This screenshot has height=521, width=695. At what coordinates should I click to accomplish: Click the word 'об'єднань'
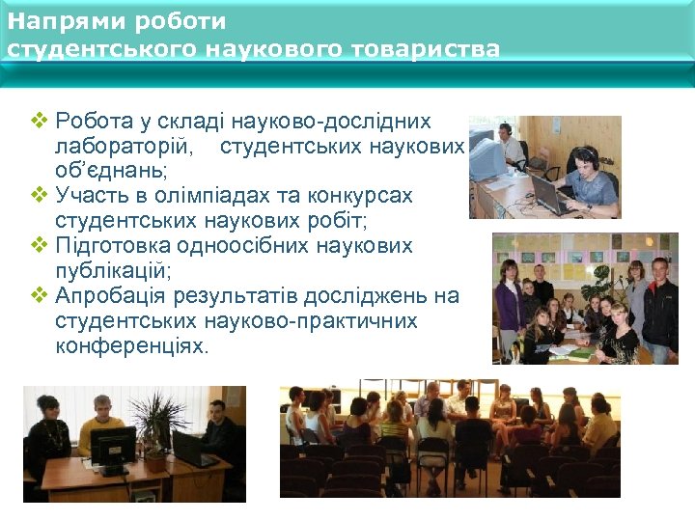tap(110, 171)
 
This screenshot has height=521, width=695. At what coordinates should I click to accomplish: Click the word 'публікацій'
tap(113, 271)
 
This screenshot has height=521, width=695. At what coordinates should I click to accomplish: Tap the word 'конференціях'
tap(131, 345)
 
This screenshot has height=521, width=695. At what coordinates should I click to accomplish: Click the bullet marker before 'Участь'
tap(39, 196)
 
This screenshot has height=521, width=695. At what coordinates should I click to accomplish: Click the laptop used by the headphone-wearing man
tap(549, 195)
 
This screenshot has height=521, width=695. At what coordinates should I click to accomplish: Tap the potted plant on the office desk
tap(163, 425)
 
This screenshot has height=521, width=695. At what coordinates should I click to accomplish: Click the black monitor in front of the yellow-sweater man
tap(114, 449)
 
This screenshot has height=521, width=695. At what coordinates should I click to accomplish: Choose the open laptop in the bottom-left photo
tap(194, 450)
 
